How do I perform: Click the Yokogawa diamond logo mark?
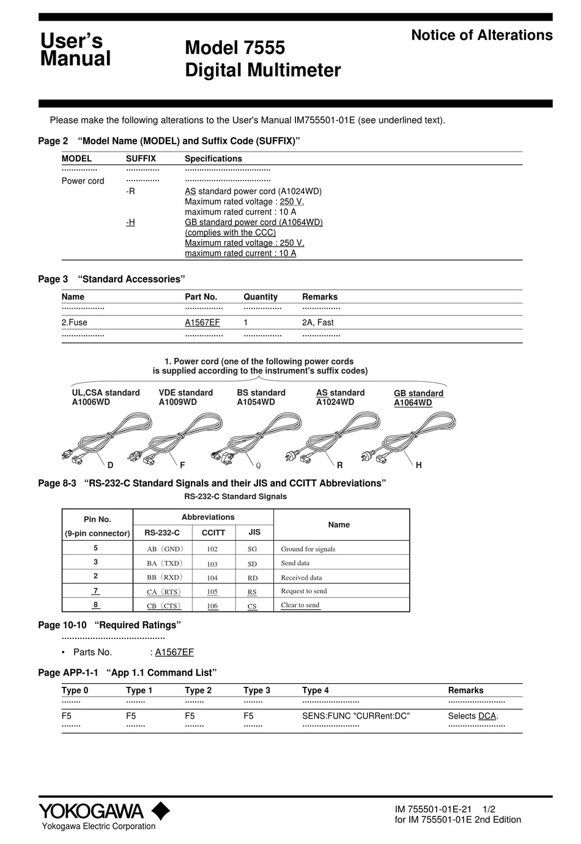[x=161, y=810]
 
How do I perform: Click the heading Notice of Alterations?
[x=481, y=35]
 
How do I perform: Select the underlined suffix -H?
[x=130, y=222]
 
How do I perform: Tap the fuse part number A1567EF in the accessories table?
[x=202, y=322]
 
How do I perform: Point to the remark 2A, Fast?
[x=317, y=322]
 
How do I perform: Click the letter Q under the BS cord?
[x=258, y=465]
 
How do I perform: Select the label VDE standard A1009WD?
[x=185, y=398]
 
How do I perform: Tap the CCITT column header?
[x=213, y=533]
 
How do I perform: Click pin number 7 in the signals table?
[x=96, y=591]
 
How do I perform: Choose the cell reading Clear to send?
[x=300, y=605]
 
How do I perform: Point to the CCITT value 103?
[x=212, y=564]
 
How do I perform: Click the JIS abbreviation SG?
[x=252, y=550]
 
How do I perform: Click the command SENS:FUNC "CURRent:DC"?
[x=356, y=716]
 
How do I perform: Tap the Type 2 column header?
[x=198, y=690]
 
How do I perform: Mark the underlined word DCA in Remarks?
[x=487, y=716]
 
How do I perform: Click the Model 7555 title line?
[x=235, y=48]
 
